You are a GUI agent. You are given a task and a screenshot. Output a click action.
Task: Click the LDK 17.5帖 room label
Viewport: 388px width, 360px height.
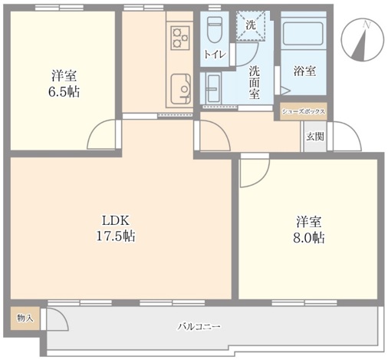tap(116, 228)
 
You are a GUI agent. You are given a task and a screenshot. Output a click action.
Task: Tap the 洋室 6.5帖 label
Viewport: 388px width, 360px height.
tap(64, 84)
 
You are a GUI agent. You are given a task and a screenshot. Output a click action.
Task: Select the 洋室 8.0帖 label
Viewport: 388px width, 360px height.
tap(309, 230)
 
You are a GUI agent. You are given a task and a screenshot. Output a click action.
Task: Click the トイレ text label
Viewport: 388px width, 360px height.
tap(215, 54)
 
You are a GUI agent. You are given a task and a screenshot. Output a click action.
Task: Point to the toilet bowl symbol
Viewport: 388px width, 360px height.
tap(214, 30)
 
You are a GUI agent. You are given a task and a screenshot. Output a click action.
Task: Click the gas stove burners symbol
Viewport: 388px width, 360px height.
tap(180, 38)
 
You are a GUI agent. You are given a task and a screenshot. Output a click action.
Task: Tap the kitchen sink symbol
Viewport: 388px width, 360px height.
tap(181, 89)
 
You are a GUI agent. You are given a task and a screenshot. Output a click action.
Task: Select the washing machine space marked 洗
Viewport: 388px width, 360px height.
tap(251, 25)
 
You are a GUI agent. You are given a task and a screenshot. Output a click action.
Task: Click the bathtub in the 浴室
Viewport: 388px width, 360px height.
tap(304, 34)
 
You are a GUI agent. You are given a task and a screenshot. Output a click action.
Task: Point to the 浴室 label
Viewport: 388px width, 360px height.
tap(304, 71)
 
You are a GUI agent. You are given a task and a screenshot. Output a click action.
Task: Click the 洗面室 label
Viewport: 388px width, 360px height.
tap(255, 82)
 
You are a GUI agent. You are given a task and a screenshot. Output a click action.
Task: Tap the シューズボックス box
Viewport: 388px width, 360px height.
tap(304, 111)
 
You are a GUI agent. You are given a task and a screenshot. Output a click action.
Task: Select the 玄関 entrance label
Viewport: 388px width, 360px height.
tap(315, 137)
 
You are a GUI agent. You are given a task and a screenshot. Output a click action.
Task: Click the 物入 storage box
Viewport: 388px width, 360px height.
tap(25, 319)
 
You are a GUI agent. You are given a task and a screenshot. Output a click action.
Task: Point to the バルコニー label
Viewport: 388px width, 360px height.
tap(199, 326)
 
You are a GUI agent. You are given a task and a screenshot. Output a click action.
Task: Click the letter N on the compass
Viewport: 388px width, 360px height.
tap(367, 25)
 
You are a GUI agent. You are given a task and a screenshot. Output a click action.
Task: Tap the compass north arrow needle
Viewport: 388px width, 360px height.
tap(360, 45)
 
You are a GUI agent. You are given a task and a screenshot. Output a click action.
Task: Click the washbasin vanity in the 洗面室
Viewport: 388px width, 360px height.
tap(210, 88)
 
